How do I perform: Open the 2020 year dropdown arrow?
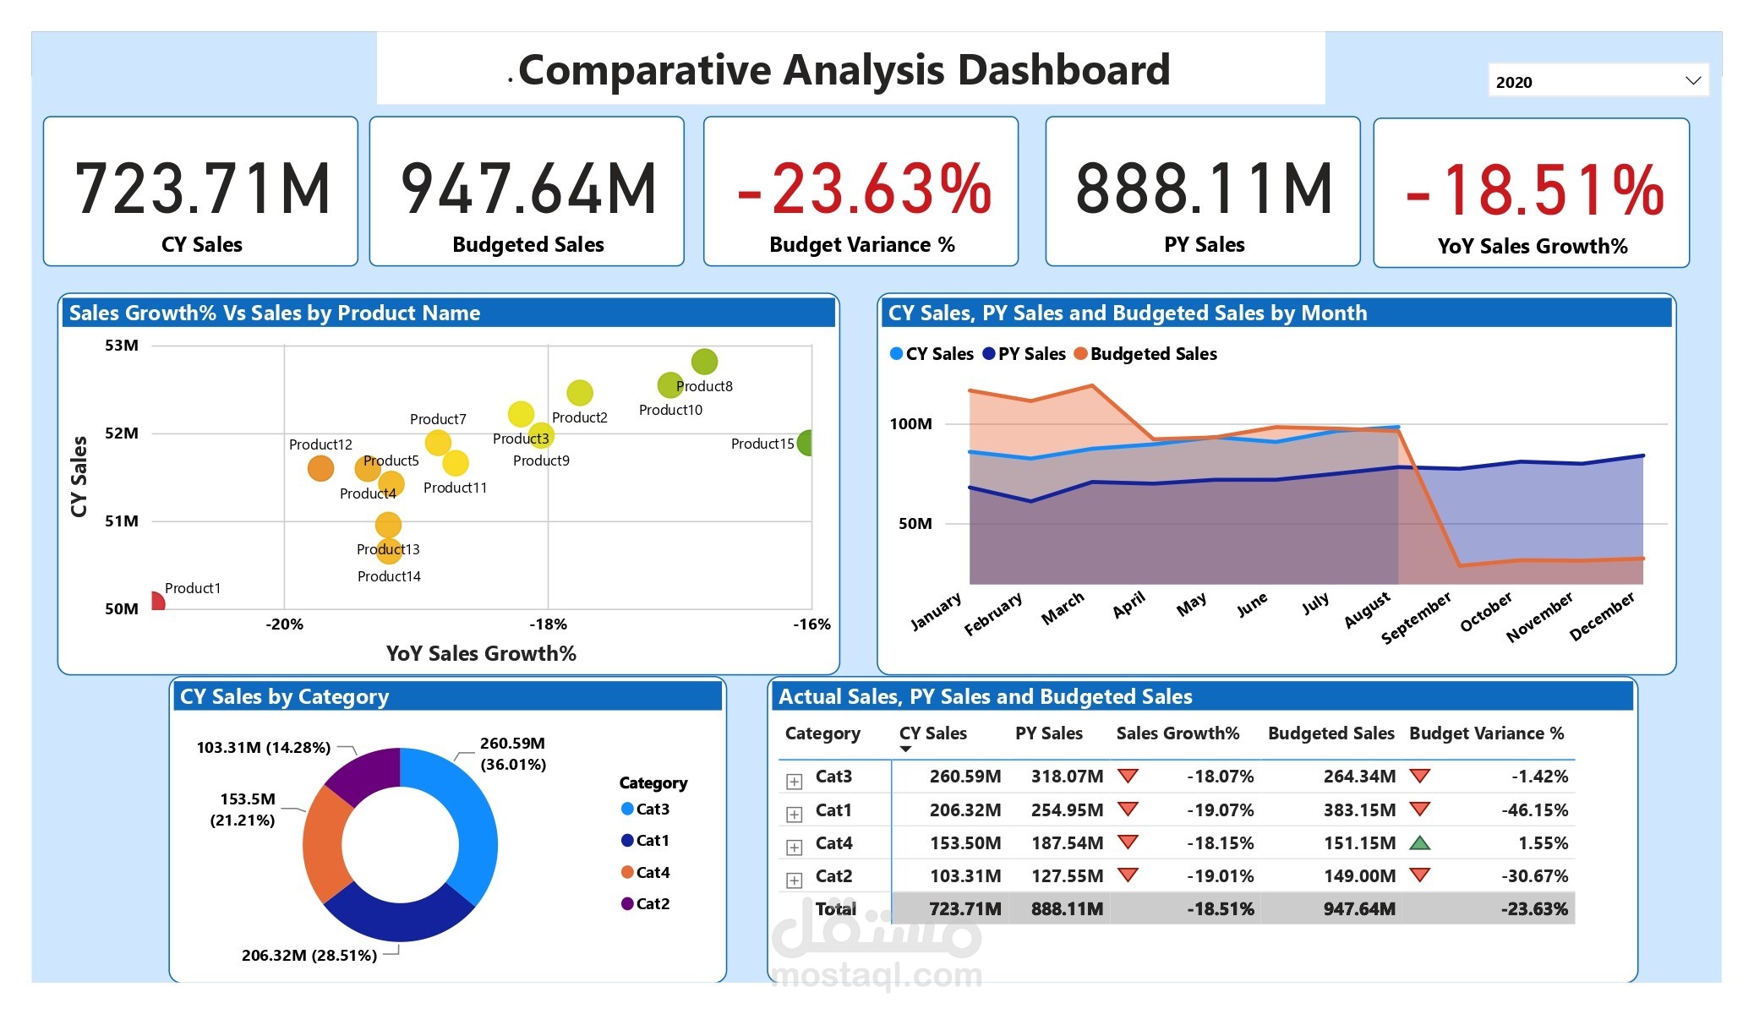1692,81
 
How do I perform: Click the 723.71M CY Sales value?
202,189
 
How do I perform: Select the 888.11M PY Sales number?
1204,189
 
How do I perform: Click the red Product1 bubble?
157,602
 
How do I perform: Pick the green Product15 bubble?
806,442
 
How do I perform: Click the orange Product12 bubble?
320,468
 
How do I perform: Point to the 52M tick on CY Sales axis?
122,433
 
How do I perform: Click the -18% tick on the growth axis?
548,624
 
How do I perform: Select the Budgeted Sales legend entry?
1152,354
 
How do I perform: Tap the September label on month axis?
1417,618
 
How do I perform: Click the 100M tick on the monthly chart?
910,423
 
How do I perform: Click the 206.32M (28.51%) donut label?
309,956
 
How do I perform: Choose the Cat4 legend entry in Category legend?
652,872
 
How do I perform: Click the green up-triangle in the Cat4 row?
1420,842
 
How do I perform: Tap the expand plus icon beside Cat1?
794,815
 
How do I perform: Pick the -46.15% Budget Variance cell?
1534,810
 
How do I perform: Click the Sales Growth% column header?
1178,733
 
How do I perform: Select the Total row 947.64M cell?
1359,909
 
